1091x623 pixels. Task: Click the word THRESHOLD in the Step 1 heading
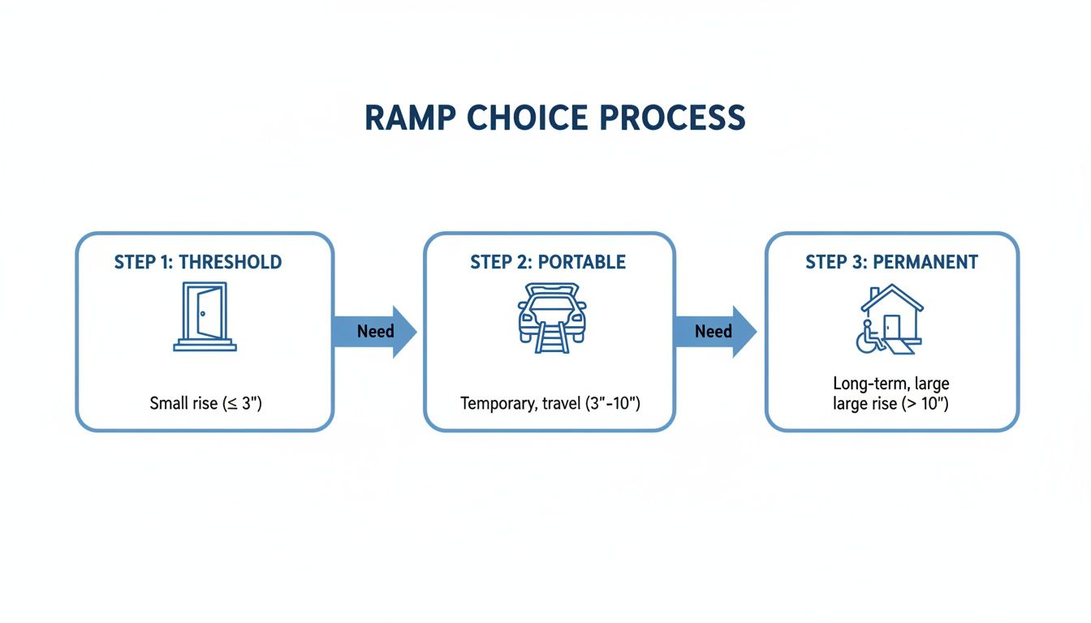[230, 263]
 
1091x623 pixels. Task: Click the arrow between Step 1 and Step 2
[375, 331]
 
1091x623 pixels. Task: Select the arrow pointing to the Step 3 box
[714, 331]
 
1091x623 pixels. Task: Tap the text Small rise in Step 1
[183, 403]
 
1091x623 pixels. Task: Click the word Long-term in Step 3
[867, 384]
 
